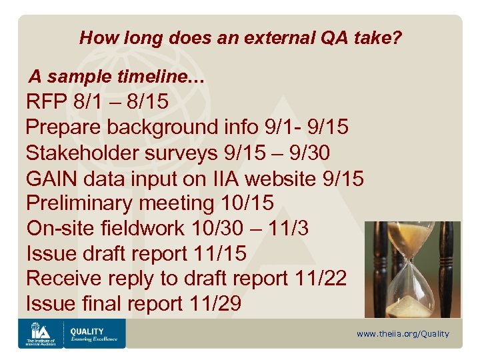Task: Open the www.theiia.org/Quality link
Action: [403, 334]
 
